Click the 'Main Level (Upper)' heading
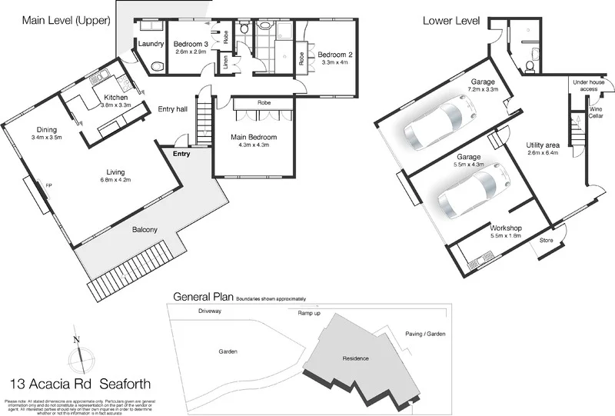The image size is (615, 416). pyautogui.click(x=66, y=21)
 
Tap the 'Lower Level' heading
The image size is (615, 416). pyautogui.click(x=452, y=21)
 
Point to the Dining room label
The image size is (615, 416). pyautogui.click(x=47, y=130)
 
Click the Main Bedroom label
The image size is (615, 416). pyautogui.click(x=253, y=138)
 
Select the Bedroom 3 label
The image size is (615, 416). pyautogui.click(x=191, y=44)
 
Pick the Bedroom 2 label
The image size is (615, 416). pyautogui.click(x=334, y=55)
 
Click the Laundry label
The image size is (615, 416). pyautogui.click(x=151, y=44)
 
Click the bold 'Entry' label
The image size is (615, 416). pyautogui.click(x=181, y=155)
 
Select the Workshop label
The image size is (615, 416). pyautogui.click(x=506, y=228)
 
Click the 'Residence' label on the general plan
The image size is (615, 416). pyautogui.click(x=350, y=358)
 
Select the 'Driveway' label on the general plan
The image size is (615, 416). pyautogui.click(x=209, y=312)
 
